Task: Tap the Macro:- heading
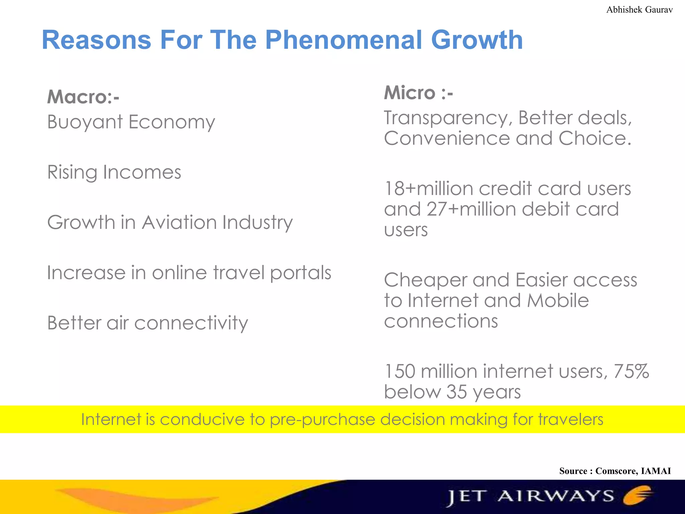83,97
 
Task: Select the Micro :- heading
418,93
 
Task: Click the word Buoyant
85,122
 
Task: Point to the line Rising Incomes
114,172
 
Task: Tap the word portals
300,273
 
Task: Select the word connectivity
191,323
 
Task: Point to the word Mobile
558,301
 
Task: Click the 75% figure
631,371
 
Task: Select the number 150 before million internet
400,371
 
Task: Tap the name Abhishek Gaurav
639,10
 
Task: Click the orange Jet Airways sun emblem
638,495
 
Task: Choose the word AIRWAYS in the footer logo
556,496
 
